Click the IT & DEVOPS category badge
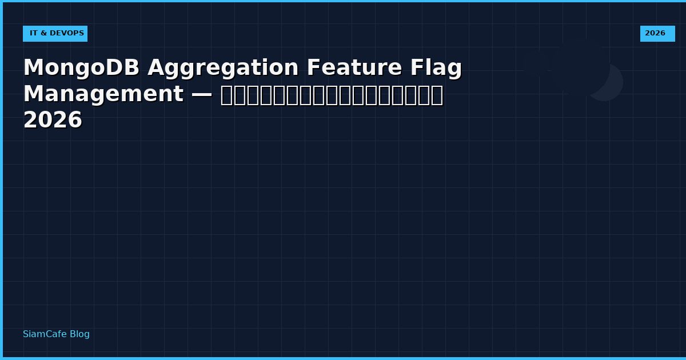click(x=55, y=34)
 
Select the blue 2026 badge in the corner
click(x=657, y=34)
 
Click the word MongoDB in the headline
click(x=81, y=68)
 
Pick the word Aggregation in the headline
click(x=223, y=68)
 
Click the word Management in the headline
click(x=103, y=94)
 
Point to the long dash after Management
click(x=202, y=94)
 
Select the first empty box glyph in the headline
click(x=227, y=95)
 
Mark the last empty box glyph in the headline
click(x=437, y=95)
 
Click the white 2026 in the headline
click(x=53, y=121)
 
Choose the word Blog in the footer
click(x=79, y=334)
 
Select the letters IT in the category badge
click(x=33, y=34)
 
